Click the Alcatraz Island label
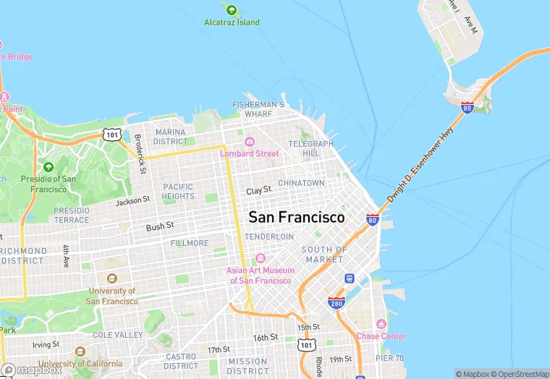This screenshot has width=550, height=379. coord(232,22)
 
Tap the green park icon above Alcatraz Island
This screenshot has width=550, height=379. coord(232,10)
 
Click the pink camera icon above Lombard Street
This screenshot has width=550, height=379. coord(250,142)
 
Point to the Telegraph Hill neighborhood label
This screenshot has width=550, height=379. coord(310,148)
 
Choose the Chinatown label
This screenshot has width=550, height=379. coord(301,183)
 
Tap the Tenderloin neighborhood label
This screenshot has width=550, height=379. coord(269,237)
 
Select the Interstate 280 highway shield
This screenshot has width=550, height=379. coord(336,303)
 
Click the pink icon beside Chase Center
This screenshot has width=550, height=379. coord(381,323)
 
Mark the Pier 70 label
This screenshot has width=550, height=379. coord(389,358)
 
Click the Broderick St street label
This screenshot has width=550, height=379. coord(140,154)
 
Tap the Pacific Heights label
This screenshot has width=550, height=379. coord(178,191)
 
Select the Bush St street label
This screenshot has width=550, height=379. coord(160,226)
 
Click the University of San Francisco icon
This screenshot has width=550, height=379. coord(111,278)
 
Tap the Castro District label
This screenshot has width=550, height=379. coord(181,361)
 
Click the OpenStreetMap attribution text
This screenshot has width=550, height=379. coord(519,374)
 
